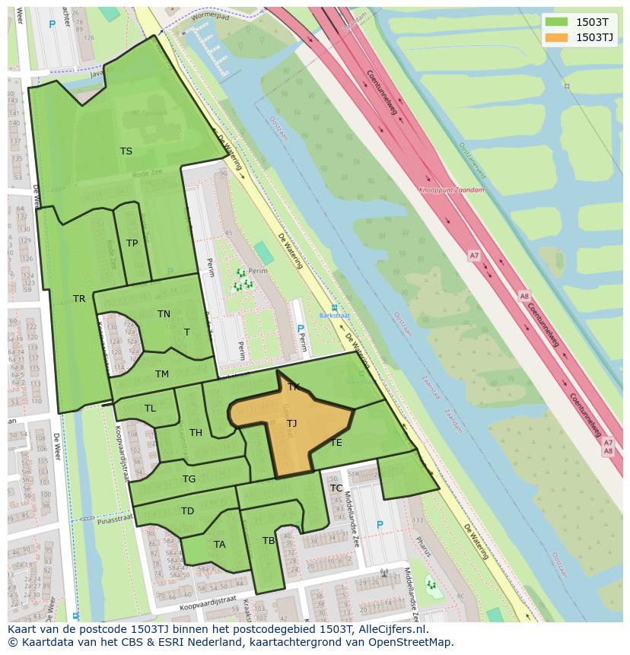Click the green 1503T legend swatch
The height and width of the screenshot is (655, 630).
[556, 22]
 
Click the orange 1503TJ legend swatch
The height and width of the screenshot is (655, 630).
[556, 37]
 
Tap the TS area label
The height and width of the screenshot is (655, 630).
[126, 151]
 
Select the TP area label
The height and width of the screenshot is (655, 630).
[132, 243]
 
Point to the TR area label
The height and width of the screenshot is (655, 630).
[79, 298]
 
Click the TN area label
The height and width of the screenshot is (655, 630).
[164, 313]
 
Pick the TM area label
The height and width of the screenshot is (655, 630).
[162, 374]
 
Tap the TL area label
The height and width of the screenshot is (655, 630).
[150, 409]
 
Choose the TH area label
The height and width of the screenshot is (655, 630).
[196, 433]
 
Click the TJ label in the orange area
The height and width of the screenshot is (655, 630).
[291, 423]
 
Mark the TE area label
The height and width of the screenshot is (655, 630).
[336, 442]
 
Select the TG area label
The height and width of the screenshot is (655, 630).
[189, 479]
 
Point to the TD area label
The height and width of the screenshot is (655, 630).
[187, 510]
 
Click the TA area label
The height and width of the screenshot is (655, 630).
[219, 544]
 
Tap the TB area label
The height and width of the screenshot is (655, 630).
[268, 541]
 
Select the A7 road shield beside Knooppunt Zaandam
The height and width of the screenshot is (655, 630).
[474, 256]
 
